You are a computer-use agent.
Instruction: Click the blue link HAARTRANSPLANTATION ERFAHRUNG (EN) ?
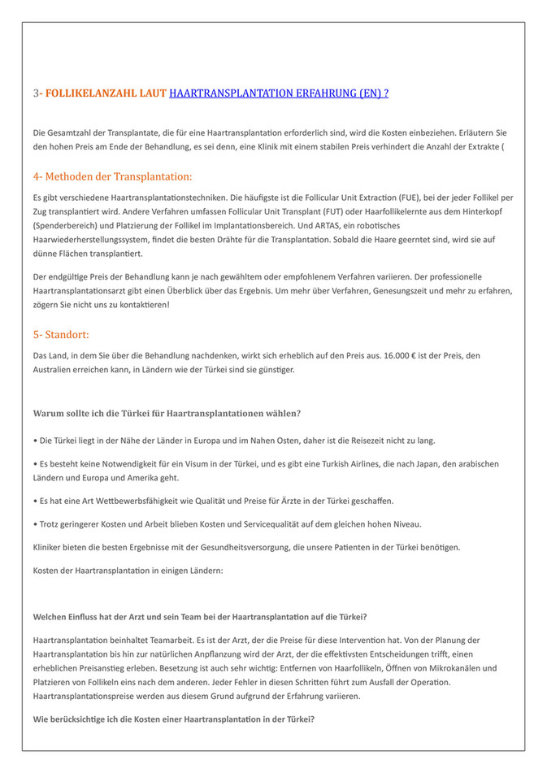pos(278,93)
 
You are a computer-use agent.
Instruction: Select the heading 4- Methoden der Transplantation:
pos(113,176)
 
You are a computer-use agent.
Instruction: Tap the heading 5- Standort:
pos(61,334)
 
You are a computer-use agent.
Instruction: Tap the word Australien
pos(56,370)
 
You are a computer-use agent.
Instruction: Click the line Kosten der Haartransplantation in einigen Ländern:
pos(128,570)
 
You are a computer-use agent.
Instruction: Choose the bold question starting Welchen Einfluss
pos(200,616)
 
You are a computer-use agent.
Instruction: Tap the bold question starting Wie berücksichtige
pos(174,720)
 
